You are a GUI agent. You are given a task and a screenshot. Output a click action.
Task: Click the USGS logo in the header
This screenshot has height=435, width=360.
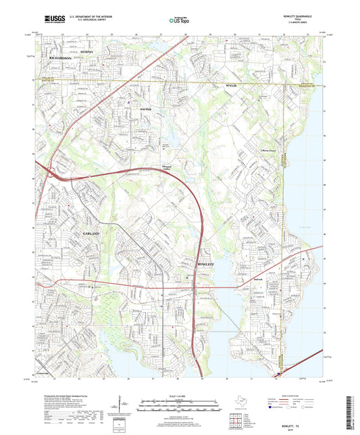[x=51, y=20]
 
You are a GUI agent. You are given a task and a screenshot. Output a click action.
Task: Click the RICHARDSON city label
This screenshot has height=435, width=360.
[x=64, y=59]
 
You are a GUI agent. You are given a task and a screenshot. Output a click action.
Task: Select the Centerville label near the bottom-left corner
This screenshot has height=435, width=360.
[x=44, y=373]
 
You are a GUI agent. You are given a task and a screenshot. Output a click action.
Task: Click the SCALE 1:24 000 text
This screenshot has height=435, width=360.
[x=179, y=395]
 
